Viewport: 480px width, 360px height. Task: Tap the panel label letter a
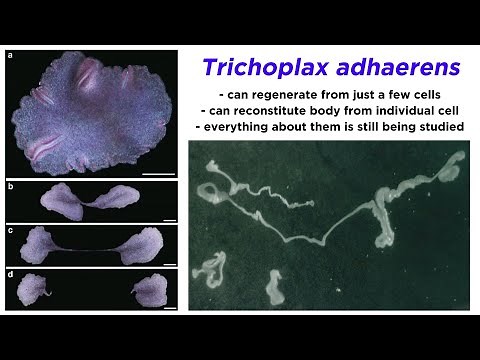(x=10, y=56)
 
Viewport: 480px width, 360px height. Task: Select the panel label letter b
(x=10, y=187)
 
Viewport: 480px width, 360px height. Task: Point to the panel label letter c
(x=10, y=231)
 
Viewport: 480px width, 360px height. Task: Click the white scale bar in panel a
(x=157, y=173)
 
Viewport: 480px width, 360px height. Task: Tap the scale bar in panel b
(x=169, y=218)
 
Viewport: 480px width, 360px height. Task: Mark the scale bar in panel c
(x=169, y=262)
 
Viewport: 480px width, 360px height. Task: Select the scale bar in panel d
(x=169, y=306)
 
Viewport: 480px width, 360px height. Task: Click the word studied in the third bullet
(x=438, y=128)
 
